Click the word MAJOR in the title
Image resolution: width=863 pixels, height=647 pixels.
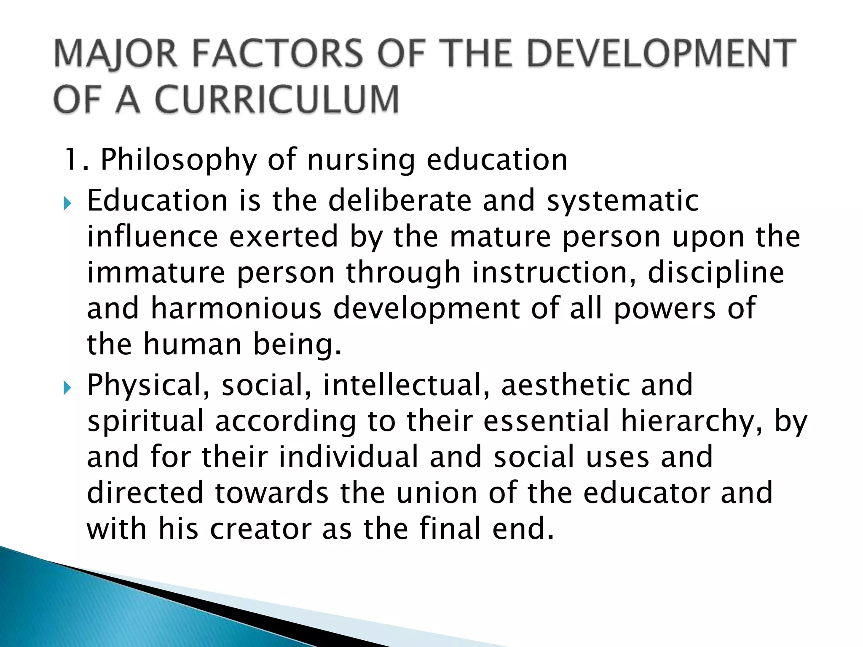click(115, 54)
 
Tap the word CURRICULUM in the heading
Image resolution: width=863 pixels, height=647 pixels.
click(276, 99)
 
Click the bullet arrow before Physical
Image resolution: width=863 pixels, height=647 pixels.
click(67, 388)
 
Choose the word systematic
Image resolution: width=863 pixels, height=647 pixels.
click(623, 201)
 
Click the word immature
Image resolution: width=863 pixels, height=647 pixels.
click(156, 273)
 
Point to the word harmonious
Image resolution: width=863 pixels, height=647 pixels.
click(236, 308)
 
